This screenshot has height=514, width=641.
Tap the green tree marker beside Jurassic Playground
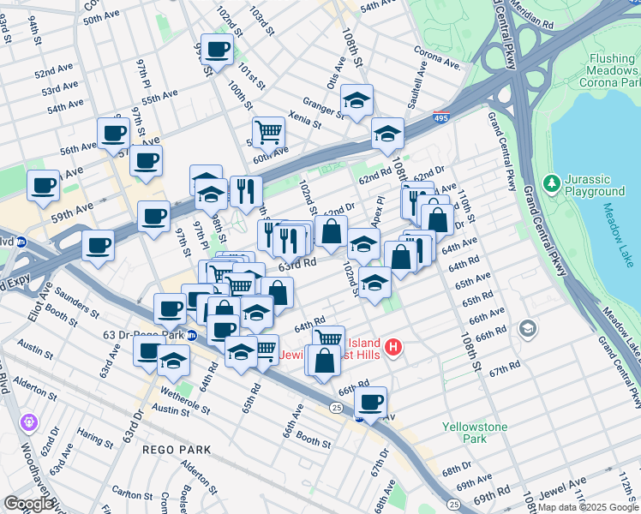pyautogui.click(x=550, y=182)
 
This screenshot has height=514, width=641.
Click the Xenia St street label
pyautogui.click(x=304, y=119)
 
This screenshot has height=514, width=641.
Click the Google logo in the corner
pyautogui.click(x=28, y=505)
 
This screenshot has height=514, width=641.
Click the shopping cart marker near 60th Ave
pyautogui.click(x=268, y=132)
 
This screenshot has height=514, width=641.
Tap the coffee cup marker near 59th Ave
pyautogui.click(x=43, y=186)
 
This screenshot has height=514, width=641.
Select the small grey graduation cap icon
pyautogui.click(x=529, y=328)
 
